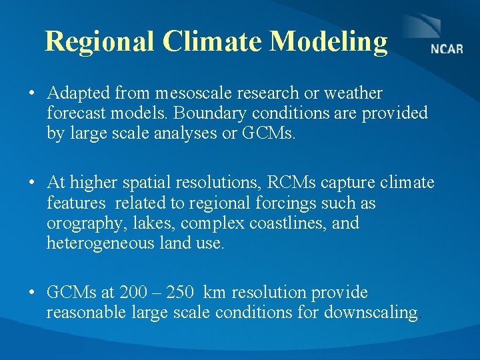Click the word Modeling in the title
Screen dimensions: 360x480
(328, 41)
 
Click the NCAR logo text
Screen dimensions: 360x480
(446, 49)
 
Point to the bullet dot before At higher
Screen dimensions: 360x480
(32, 183)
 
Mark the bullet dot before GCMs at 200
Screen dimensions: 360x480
(32, 293)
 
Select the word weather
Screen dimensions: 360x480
(353, 93)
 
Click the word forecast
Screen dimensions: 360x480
(75, 113)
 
